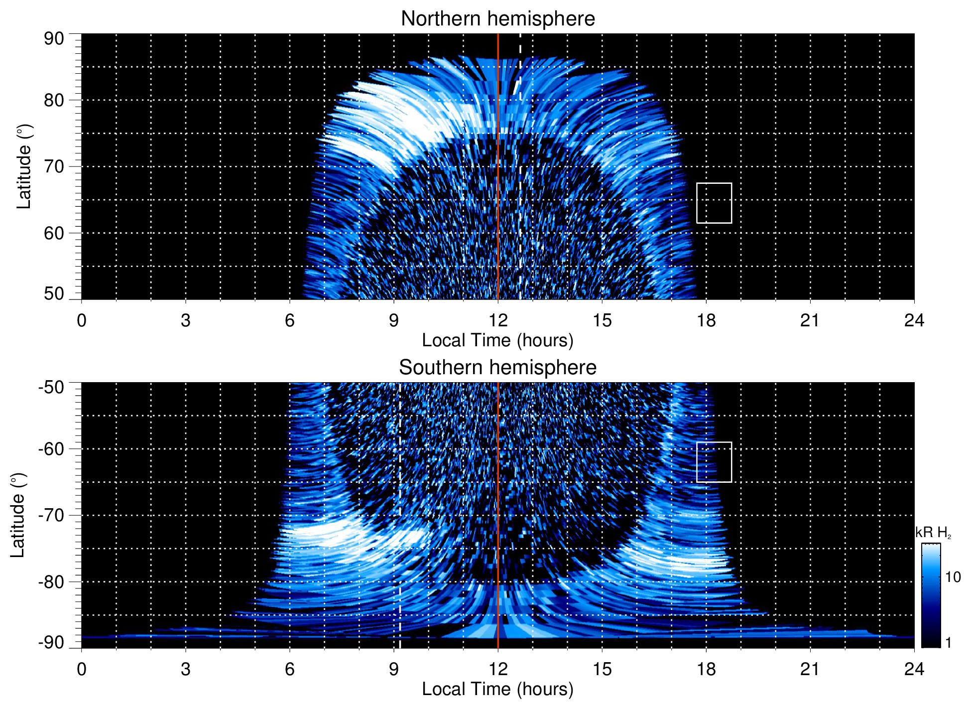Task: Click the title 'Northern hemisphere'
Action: pyautogui.click(x=497, y=19)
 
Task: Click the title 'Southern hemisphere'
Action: pyautogui.click(x=497, y=368)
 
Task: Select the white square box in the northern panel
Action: pyautogui.click(x=714, y=203)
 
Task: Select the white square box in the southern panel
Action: pyautogui.click(x=714, y=462)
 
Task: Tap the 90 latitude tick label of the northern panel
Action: pyautogui.click(x=54, y=39)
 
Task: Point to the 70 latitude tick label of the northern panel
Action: pyautogui.click(x=54, y=166)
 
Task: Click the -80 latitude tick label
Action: pyautogui.click(x=51, y=582)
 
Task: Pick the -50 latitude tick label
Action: pyautogui.click(x=51, y=387)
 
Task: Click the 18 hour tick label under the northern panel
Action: pyautogui.click(x=706, y=320)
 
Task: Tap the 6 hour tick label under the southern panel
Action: pyautogui.click(x=290, y=669)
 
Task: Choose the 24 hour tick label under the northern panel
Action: pyautogui.click(x=914, y=320)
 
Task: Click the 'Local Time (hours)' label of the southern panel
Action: pyautogui.click(x=497, y=689)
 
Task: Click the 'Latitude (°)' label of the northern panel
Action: pyautogui.click(x=24, y=166)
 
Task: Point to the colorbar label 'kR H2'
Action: pyautogui.click(x=933, y=533)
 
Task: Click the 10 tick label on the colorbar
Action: pyautogui.click(x=953, y=577)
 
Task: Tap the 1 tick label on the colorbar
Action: pyautogui.click(x=949, y=643)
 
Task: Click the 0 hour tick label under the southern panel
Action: pyautogui.click(x=82, y=669)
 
